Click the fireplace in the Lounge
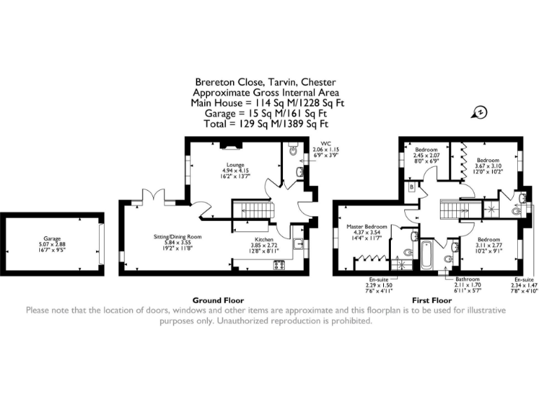(232, 145)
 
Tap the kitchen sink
(299, 245)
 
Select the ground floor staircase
(246, 208)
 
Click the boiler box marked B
(411, 187)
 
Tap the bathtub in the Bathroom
(427, 254)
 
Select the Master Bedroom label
(367, 227)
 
